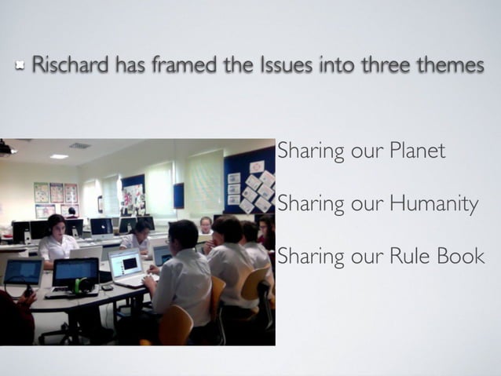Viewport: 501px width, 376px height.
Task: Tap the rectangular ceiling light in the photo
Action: point(59,156)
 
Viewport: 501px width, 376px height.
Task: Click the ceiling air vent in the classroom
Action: point(79,145)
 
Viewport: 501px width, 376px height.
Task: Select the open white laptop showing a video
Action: point(127,264)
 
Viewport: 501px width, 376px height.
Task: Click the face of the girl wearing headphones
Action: point(56,226)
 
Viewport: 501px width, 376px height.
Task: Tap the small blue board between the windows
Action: point(179,195)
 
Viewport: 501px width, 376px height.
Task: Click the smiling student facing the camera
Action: point(206,225)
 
